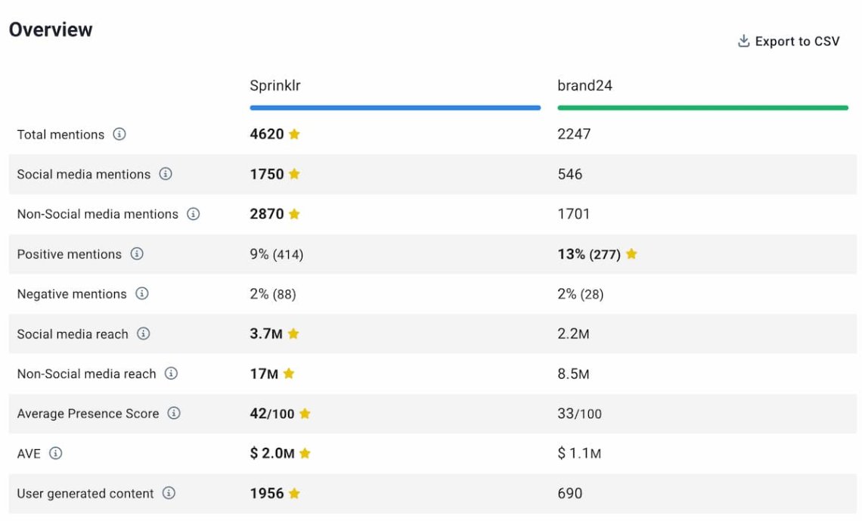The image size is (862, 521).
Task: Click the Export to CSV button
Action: [789, 42]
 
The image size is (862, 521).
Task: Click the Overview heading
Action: [51, 29]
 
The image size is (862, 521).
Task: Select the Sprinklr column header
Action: [275, 85]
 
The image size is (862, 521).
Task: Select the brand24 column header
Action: [584, 85]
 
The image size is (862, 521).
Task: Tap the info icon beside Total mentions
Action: [119, 134]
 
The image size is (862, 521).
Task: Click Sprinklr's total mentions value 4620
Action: [267, 134]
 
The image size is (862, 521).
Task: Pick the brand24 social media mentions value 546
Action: [570, 174]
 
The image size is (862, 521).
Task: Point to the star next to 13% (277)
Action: [631, 254]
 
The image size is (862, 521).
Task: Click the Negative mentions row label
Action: [72, 294]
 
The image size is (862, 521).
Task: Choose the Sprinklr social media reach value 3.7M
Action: [266, 333]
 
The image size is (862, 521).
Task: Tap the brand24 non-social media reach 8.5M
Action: [573, 374]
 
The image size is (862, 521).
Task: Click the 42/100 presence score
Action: [272, 414]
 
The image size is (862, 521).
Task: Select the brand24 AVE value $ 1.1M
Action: [579, 454]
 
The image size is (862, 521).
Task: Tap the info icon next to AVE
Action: [55, 454]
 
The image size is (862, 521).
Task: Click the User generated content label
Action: [85, 494]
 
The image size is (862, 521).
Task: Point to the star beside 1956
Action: [294, 494]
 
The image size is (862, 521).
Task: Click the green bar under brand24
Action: [702, 108]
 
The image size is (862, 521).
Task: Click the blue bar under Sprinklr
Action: [395, 108]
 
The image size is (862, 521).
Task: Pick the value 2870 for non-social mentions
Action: [267, 214]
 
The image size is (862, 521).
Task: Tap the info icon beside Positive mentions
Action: [137, 254]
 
